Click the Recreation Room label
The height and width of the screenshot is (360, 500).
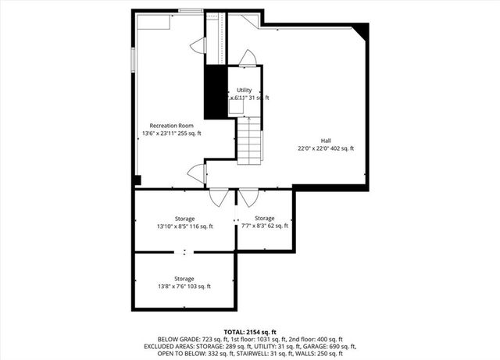tap(171, 126)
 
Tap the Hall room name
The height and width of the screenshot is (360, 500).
tap(325, 141)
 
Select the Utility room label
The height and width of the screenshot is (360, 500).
tap(244, 91)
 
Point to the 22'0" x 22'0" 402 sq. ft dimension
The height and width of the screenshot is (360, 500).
tap(325, 148)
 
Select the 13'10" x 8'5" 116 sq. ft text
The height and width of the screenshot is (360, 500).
tap(184, 226)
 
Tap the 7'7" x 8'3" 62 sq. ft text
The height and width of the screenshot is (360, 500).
tap(264, 226)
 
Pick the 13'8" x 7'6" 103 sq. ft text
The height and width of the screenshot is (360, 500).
tap(184, 287)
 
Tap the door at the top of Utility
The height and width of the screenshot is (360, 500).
tap(246, 59)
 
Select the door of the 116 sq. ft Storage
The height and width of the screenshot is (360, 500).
tap(220, 198)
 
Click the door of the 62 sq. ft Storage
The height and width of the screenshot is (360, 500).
tap(248, 198)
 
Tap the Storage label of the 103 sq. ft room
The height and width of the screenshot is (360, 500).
tap(184, 279)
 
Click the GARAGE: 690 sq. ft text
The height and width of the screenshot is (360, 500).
tap(333, 346)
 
